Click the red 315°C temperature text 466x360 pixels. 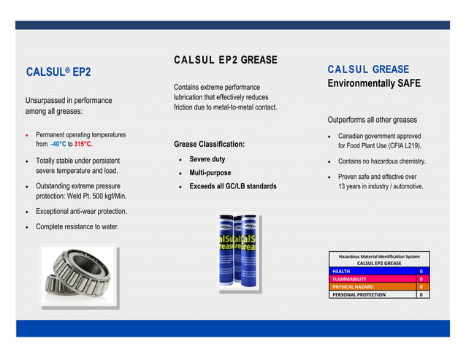click(83, 145)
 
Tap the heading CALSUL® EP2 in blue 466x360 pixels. click(58, 72)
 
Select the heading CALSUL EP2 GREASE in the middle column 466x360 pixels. click(225, 60)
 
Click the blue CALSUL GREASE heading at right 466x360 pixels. click(368, 69)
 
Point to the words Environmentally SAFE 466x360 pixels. click(374, 84)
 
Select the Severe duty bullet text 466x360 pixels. click(207, 159)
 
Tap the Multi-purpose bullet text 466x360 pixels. click(210, 173)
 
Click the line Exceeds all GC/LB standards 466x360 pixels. click(233, 187)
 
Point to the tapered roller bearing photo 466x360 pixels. click(77, 275)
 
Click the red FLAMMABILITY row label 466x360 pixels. click(350, 279)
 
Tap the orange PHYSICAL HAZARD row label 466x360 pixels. click(353, 287)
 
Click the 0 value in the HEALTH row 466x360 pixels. click(421, 271)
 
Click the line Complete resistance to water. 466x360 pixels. click(77, 227)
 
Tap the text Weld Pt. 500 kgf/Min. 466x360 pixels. click(96, 196)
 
